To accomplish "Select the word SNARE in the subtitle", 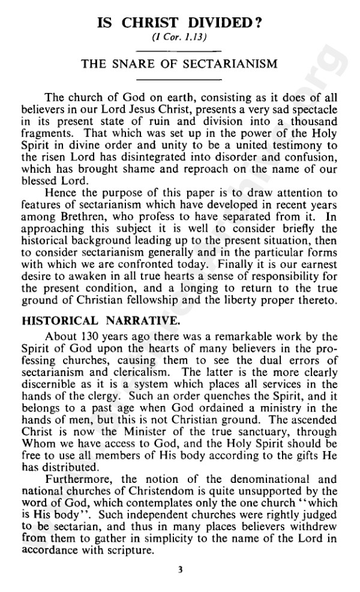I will tap(138, 64).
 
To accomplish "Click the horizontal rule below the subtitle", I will tap(180, 79).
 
